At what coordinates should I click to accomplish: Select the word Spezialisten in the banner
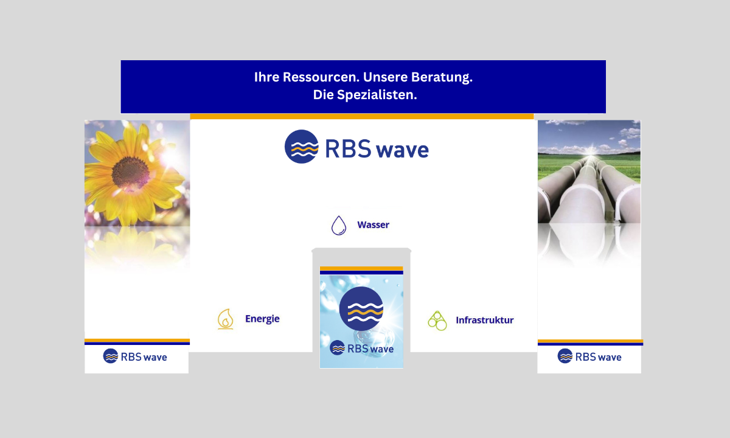(x=377, y=95)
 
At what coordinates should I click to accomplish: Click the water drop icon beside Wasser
(x=339, y=225)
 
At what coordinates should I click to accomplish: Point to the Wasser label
(x=373, y=225)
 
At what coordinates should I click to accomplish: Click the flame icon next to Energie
(x=226, y=319)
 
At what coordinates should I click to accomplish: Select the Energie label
(x=262, y=319)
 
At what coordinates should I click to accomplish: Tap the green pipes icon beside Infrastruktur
(x=437, y=321)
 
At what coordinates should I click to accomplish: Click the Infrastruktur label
(x=485, y=320)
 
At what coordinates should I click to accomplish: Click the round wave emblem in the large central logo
(x=302, y=147)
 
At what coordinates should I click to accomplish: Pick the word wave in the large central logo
(x=402, y=150)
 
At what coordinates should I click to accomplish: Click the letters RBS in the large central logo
(x=348, y=148)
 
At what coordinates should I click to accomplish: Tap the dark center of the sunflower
(x=130, y=173)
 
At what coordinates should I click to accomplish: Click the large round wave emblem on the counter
(x=361, y=308)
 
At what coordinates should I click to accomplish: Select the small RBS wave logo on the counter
(x=361, y=348)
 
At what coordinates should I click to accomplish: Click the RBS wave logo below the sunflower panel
(x=135, y=356)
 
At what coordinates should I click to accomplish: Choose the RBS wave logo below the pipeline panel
(x=589, y=356)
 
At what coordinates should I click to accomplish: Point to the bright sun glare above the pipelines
(x=591, y=151)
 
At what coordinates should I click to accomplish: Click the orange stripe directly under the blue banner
(x=362, y=116)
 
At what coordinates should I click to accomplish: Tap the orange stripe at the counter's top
(x=361, y=268)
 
